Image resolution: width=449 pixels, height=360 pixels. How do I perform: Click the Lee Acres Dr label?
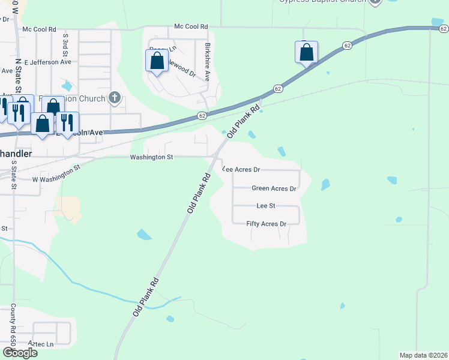(241, 170)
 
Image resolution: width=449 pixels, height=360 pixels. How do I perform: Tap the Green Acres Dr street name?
(274, 188)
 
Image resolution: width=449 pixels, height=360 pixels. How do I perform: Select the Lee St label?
(265, 206)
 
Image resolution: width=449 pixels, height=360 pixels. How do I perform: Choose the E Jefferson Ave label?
(47, 61)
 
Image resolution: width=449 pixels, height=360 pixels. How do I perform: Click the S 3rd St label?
(65, 45)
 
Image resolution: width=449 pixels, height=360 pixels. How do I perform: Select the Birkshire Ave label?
(207, 62)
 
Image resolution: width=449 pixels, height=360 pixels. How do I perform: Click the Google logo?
(20, 353)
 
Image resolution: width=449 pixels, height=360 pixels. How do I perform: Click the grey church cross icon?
(115, 98)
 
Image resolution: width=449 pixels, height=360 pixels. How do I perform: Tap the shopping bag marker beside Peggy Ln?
(157, 61)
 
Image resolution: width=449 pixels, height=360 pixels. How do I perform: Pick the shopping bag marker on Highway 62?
(306, 52)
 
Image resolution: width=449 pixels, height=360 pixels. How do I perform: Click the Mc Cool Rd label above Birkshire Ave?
(190, 27)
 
